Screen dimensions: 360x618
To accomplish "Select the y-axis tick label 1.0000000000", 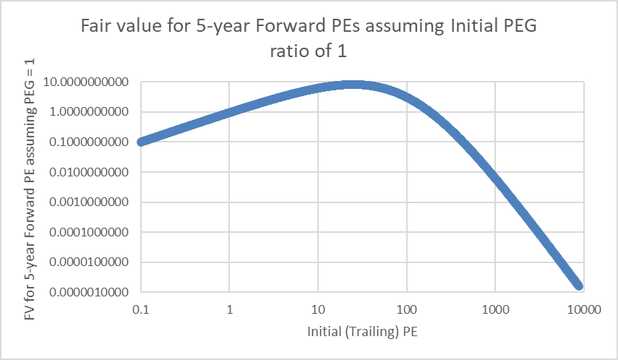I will click(90, 113).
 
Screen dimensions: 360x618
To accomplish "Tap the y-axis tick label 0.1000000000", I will click(90, 142).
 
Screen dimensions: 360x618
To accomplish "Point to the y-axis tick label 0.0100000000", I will click(90, 173).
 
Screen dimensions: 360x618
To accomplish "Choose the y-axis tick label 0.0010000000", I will click(90, 202).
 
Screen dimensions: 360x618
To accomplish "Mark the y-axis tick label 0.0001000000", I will click(90, 233).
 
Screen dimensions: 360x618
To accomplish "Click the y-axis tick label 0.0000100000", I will click(90, 262).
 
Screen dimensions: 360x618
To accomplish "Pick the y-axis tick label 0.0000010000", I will click(90, 293).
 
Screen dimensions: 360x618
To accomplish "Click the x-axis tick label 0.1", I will click(140, 311).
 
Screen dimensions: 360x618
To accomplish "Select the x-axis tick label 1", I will click(229, 311).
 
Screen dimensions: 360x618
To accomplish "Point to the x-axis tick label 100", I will click(406, 311).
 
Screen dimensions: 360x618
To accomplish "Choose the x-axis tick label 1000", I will click(495, 311).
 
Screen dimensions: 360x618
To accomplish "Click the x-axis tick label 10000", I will click(583, 311).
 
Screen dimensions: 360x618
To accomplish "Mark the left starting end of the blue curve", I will click(142, 142).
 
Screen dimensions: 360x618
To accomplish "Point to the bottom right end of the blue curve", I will click(578, 286).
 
